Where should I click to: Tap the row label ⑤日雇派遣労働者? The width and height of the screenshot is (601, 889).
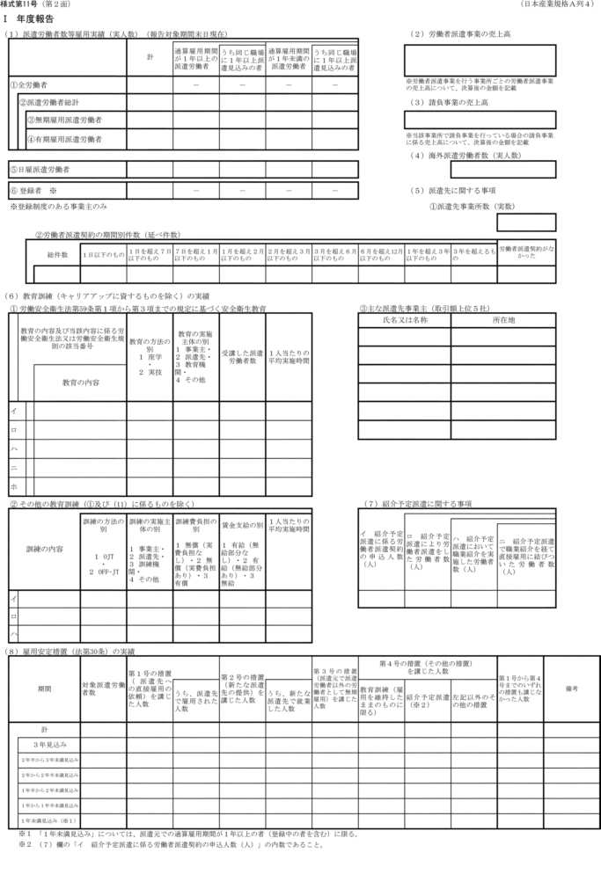click(x=40, y=168)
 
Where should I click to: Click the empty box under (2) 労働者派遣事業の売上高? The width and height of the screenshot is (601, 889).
click(x=480, y=61)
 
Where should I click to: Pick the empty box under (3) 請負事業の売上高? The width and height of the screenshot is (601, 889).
click(x=480, y=120)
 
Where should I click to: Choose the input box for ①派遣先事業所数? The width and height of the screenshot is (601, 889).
click(x=526, y=222)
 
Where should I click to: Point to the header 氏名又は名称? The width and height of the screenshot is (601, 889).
click(x=404, y=320)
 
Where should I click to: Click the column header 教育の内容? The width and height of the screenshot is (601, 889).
click(x=80, y=383)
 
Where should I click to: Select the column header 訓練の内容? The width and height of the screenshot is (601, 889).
click(x=43, y=549)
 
